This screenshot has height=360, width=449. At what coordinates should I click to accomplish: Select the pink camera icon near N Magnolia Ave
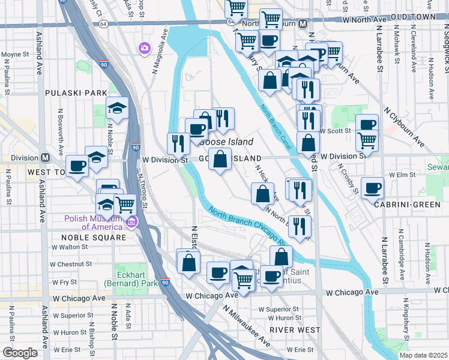point(144,48)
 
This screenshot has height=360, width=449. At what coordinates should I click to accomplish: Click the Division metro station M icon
point(45,158)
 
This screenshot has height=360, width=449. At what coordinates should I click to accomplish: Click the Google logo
point(20,352)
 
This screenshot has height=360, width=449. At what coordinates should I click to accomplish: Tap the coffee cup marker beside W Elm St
point(372,188)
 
